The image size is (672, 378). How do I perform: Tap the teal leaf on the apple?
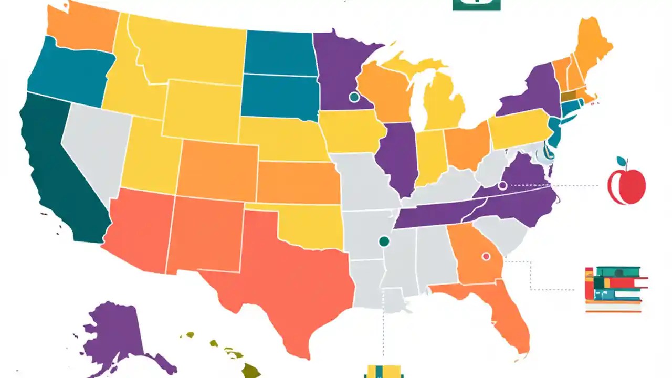(x=622, y=162)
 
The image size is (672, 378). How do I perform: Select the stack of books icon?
(x=614, y=289)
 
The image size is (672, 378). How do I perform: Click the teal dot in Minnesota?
(x=354, y=97)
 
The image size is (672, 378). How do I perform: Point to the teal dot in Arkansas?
(x=384, y=241)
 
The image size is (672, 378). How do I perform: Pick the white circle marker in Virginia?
(x=502, y=185)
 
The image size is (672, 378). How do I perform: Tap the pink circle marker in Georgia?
(x=486, y=256)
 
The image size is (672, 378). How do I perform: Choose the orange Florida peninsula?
(x=507, y=315)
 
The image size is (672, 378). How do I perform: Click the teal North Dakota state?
(x=279, y=52)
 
